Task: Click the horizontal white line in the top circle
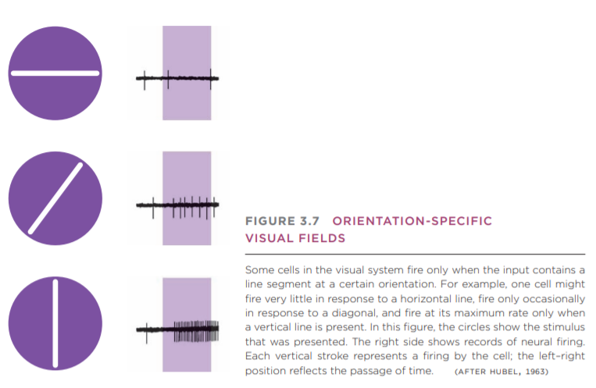coord(55,73)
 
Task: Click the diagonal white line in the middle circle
coord(55,198)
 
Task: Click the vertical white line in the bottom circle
coord(55,323)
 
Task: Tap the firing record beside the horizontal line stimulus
coord(177,78)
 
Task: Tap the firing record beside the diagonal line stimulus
coord(177,205)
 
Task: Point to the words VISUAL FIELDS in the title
coord(295,237)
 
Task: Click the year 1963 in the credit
coord(536,371)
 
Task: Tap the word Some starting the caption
coord(259,270)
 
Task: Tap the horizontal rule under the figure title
coord(415,255)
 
